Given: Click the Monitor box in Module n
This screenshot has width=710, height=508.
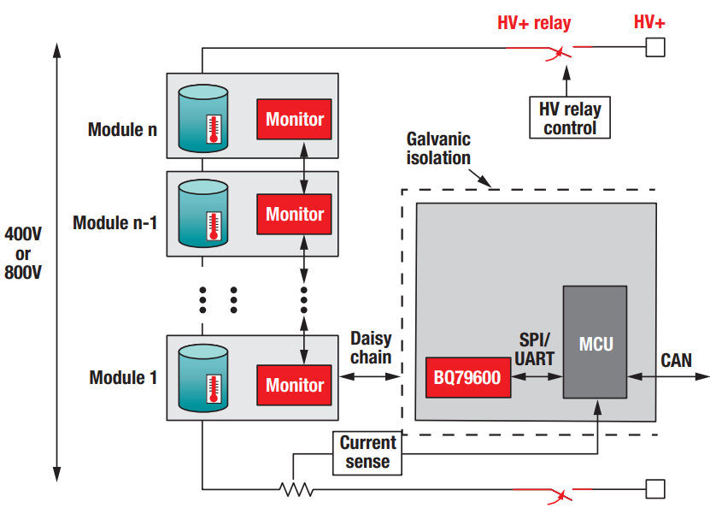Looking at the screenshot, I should click(x=294, y=119).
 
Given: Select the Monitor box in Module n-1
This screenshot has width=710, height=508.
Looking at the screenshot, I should click(x=294, y=214).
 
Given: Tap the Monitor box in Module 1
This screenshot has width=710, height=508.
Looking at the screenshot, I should click(x=294, y=385).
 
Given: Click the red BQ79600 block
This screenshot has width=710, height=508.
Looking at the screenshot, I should click(x=468, y=378).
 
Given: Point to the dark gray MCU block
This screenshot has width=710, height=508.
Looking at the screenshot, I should click(x=596, y=342).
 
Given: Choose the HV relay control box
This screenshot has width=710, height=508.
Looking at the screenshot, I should click(x=570, y=118).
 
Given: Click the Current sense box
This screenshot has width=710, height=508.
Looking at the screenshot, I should click(x=367, y=452).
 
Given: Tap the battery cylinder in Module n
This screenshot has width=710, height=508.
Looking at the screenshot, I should click(x=203, y=118).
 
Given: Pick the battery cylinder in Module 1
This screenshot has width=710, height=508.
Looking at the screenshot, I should click(x=203, y=384).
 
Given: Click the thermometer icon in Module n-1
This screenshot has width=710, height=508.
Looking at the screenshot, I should click(x=213, y=225).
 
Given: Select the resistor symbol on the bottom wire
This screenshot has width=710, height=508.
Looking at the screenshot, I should click(x=296, y=490).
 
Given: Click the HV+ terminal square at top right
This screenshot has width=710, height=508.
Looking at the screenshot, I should click(x=655, y=47).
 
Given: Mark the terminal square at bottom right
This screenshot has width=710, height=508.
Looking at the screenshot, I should click(x=655, y=489).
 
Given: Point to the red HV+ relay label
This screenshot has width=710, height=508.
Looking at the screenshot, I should click(x=534, y=23).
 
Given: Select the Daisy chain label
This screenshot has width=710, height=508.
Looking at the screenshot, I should click(x=371, y=348).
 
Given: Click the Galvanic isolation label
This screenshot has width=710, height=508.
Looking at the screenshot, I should click(x=438, y=148).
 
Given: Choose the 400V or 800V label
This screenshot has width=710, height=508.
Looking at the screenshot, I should click(x=23, y=253).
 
